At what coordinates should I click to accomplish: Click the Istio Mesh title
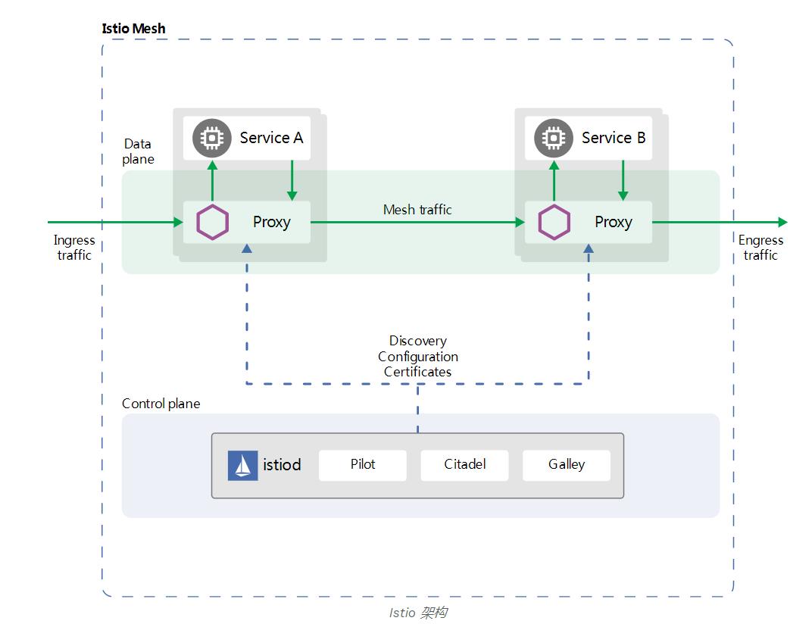[x=133, y=29]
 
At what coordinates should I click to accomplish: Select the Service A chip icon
[x=212, y=138]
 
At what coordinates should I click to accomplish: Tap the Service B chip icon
[x=554, y=138]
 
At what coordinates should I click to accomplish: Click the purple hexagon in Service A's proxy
[x=213, y=223]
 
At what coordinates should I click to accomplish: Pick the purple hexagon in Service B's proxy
[x=554, y=223]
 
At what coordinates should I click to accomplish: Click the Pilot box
[x=363, y=465]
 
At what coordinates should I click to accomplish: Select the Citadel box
[x=464, y=465]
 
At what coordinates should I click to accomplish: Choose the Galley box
[x=566, y=465]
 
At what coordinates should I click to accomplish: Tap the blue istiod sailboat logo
[x=242, y=466]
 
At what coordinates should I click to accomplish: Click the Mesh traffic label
[x=417, y=210]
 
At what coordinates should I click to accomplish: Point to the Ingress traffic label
[x=74, y=248]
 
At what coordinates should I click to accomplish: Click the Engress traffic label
[x=760, y=248]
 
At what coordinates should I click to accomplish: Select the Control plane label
[x=161, y=404]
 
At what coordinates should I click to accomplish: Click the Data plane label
[x=139, y=151]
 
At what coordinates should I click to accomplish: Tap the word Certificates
[x=417, y=372]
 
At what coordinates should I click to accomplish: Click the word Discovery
[x=417, y=341]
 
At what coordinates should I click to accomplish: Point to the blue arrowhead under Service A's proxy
[x=247, y=248]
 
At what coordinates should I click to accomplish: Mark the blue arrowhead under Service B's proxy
[x=589, y=248]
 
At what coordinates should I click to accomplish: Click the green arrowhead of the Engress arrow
[x=782, y=223]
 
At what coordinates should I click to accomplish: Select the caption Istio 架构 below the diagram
[x=417, y=612]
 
